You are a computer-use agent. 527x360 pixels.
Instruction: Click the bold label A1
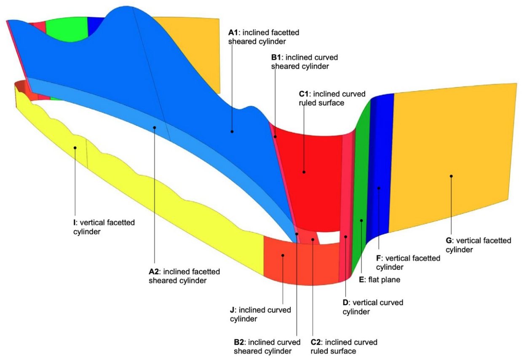click(x=233, y=32)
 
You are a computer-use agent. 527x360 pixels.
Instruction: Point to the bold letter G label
click(x=449, y=241)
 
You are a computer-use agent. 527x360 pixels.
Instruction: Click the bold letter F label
click(x=378, y=258)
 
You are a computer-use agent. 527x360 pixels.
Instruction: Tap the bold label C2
click(x=316, y=342)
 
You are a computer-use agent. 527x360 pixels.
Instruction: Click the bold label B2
click(x=239, y=342)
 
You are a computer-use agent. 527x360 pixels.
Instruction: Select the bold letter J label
click(x=232, y=310)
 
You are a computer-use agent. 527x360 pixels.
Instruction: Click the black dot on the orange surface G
click(x=451, y=176)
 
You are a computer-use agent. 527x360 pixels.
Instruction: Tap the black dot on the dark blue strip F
click(x=379, y=188)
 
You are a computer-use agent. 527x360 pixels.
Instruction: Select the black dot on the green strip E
click(x=361, y=220)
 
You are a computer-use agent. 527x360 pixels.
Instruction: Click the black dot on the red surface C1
click(x=303, y=172)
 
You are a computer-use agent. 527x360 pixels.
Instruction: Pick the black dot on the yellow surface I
click(x=75, y=148)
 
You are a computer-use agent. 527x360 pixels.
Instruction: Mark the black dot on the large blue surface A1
click(x=232, y=132)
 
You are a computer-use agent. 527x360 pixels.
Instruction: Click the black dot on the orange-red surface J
click(x=283, y=255)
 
